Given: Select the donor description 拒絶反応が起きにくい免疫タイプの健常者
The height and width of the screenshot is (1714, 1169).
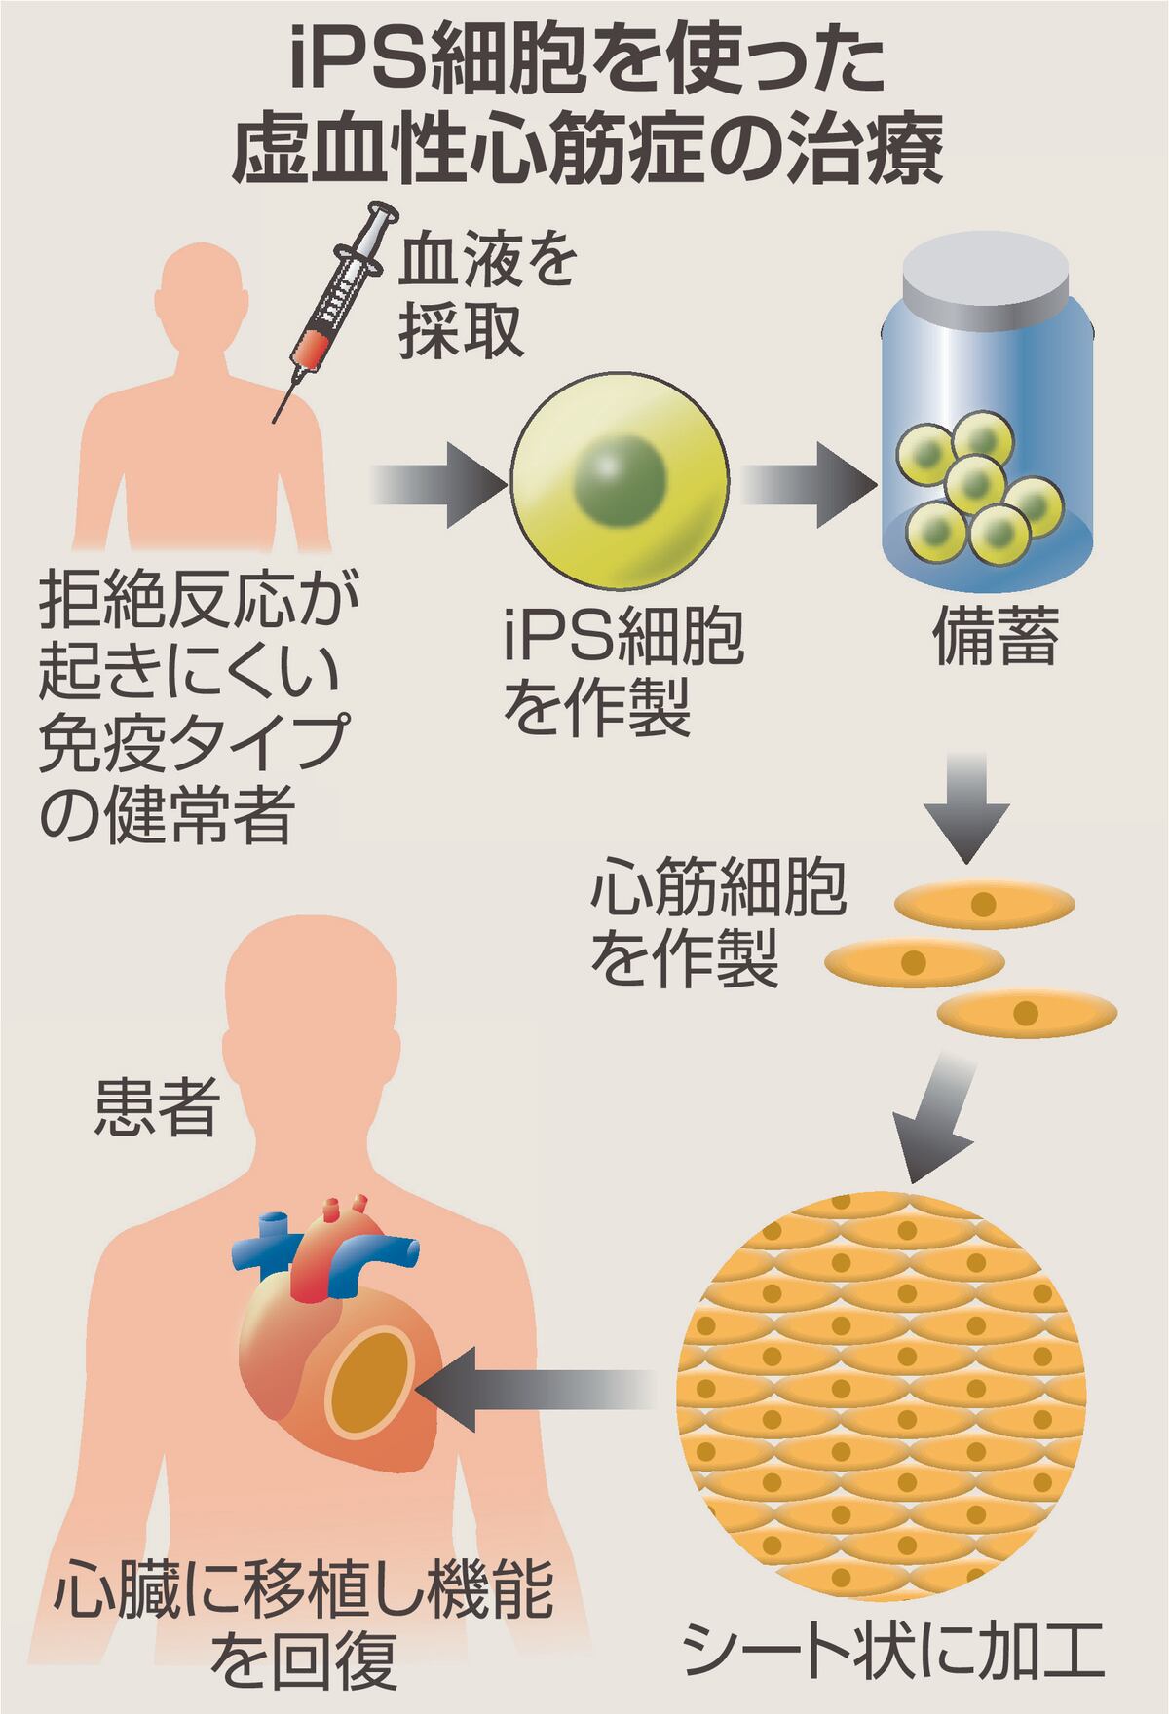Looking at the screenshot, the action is (x=191, y=708).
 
